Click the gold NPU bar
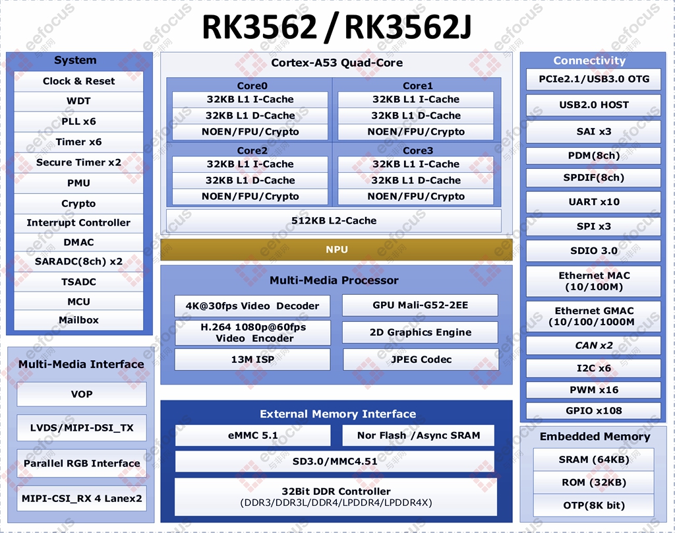pyautogui.click(x=336, y=249)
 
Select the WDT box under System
pyautogui.click(x=78, y=102)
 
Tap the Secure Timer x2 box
pyautogui.click(x=78, y=162)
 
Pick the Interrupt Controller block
pyautogui.click(x=78, y=223)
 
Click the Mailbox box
pyautogui.click(x=78, y=320)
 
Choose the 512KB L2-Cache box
pyautogui.click(x=334, y=220)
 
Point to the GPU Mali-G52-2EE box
pyautogui.click(x=420, y=305)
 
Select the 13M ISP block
pyautogui.click(x=252, y=360)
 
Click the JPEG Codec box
pyautogui.click(x=421, y=360)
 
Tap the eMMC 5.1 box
pyautogui.click(x=252, y=435)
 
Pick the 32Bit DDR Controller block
pyautogui.click(x=336, y=497)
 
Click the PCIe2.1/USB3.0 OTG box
pyautogui.click(x=594, y=79)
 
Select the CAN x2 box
pyautogui.click(x=594, y=346)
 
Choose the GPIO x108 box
pyautogui.click(x=594, y=410)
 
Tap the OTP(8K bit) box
pyautogui.click(x=594, y=505)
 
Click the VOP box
pyautogui.click(x=82, y=394)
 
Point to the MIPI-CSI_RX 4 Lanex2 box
pyautogui.click(x=82, y=499)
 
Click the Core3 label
pyautogui.click(x=417, y=150)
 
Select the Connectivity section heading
pyautogui.click(x=589, y=60)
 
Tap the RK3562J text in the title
pyautogui.click(x=407, y=26)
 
